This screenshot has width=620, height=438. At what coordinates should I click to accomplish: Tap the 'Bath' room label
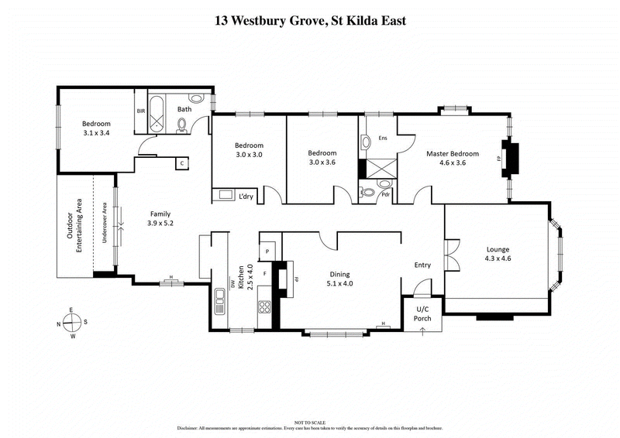(184, 109)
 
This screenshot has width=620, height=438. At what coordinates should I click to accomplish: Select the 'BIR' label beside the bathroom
(141, 111)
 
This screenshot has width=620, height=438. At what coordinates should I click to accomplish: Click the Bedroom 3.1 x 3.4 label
(97, 128)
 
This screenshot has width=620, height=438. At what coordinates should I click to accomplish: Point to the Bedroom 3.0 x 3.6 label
(322, 158)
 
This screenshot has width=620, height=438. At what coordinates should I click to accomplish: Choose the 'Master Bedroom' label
(453, 159)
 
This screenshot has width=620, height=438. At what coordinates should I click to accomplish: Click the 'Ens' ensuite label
(382, 139)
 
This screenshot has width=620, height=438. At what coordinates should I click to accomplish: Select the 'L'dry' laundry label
(247, 194)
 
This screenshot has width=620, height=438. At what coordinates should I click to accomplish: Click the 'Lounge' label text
(498, 255)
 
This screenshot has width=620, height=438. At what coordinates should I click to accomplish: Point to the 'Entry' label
(422, 265)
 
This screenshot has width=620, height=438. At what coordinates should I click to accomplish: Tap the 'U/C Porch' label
(422, 313)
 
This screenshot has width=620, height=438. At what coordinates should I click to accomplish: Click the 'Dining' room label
(339, 279)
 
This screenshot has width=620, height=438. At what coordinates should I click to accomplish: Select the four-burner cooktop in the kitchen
(264, 306)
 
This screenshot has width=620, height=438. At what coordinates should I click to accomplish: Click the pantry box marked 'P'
(267, 251)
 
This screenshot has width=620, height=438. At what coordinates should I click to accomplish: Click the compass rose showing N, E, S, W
(71, 323)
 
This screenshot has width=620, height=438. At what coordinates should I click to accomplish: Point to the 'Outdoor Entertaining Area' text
(74, 227)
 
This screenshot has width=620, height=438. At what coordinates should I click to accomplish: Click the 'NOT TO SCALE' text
(310, 419)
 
